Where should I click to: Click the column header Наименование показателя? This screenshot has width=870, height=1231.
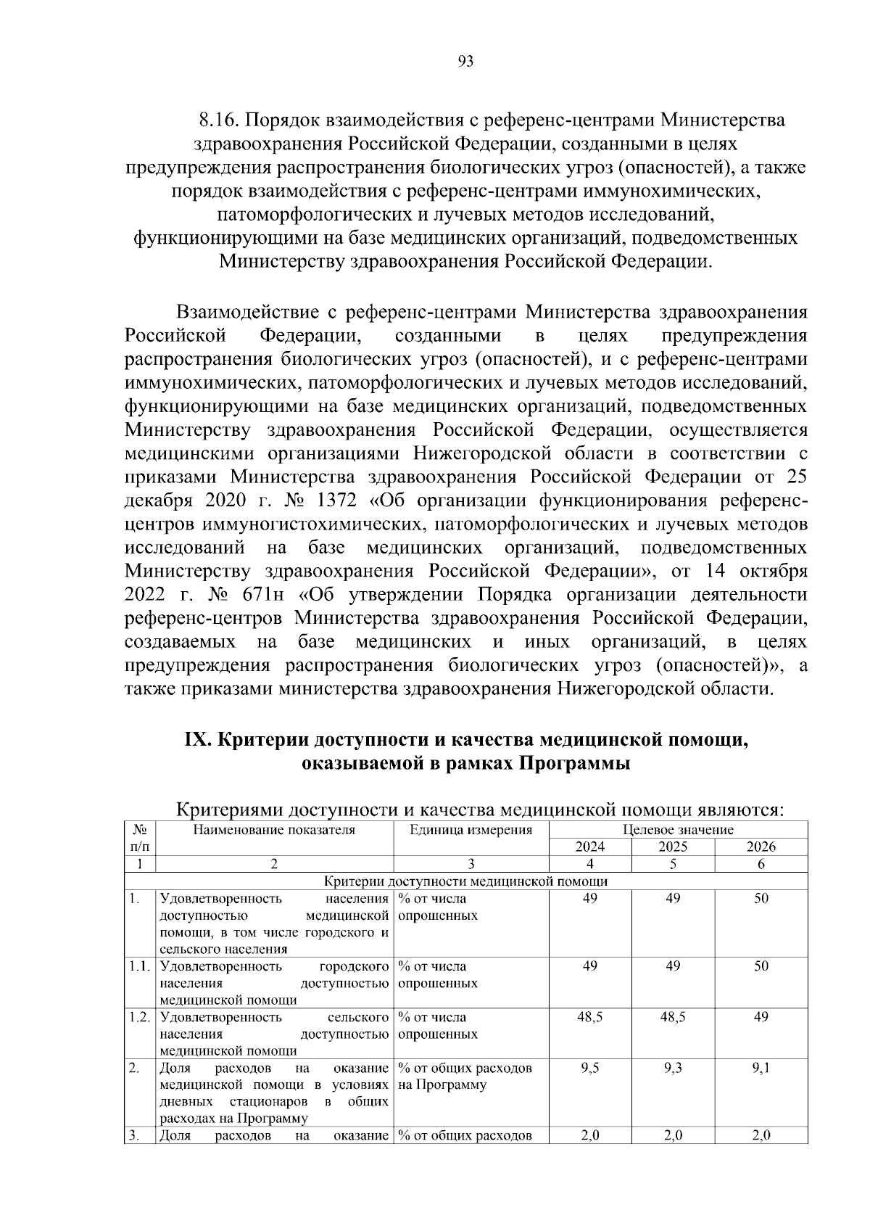point(274,830)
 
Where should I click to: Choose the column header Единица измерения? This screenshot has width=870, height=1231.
point(471,830)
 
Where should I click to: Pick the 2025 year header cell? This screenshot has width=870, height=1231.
point(673,847)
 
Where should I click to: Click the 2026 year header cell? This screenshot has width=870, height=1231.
point(761,847)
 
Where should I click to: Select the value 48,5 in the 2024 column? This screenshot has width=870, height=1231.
point(590,1017)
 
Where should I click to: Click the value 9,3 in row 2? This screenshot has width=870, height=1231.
point(673,1068)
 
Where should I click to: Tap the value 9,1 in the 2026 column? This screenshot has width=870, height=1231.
point(761,1068)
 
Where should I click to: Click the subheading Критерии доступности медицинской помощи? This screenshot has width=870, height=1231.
point(465,881)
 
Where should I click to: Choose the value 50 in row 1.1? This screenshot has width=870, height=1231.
point(761,966)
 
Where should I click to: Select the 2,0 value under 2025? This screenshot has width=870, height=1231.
point(673,1136)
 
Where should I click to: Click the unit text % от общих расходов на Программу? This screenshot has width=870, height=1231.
point(465,1076)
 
